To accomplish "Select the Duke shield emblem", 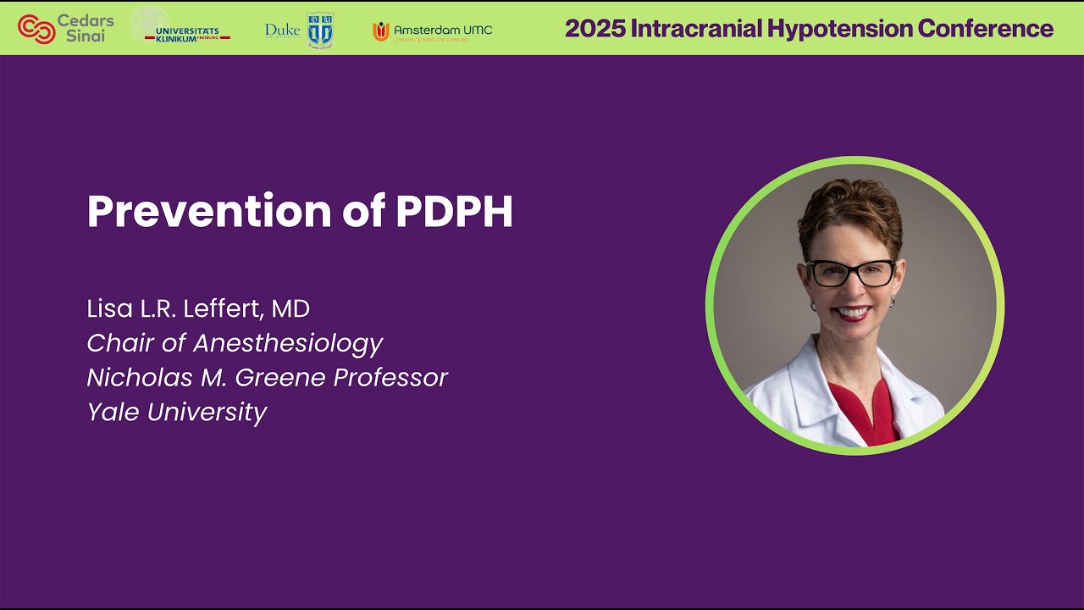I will pos(320,30).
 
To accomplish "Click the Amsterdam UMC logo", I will pos(432,31).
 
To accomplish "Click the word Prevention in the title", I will pos(208,212).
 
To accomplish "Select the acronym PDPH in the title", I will pos(454,212).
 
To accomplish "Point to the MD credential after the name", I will pos(290,308).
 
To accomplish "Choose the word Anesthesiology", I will pos(288,343).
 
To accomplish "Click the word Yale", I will pos(113,412).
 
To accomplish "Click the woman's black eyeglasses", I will pos(851,273).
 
